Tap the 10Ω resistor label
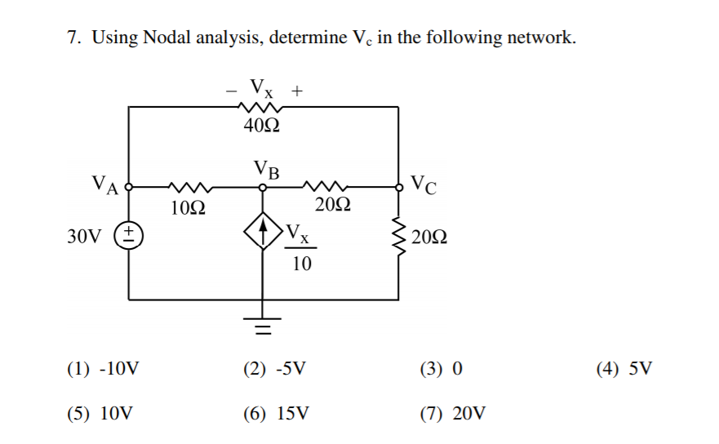tap(189, 208)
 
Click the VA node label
tap(105, 184)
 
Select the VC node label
tap(424, 184)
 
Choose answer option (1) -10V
tap(103, 369)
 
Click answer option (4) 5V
tap(624, 369)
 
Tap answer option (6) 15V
tap(277, 413)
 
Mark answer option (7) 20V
tap(453, 413)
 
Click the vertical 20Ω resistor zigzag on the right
tap(399, 237)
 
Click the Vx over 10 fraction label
tap(300, 249)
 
